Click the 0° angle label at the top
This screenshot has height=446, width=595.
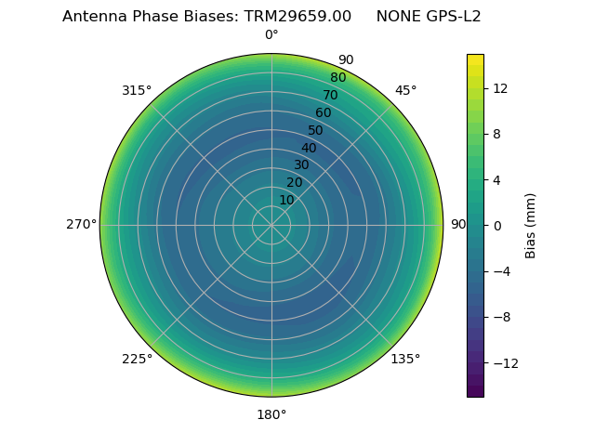(x=271, y=35)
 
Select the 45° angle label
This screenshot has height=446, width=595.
(x=405, y=90)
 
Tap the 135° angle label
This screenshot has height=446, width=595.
(x=405, y=359)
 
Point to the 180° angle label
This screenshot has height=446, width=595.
(x=271, y=414)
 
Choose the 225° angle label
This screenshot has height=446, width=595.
(x=137, y=359)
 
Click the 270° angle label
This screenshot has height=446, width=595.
(x=81, y=224)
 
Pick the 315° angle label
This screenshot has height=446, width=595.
(x=137, y=90)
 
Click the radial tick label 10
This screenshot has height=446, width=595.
(x=286, y=200)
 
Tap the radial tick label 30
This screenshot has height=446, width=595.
(x=301, y=164)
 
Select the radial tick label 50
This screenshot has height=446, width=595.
(x=316, y=130)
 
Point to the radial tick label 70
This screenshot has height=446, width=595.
(x=330, y=95)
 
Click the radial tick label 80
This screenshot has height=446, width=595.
(x=337, y=78)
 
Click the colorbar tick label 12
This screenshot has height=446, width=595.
(x=499, y=88)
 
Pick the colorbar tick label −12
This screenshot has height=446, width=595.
(x=503, y=363)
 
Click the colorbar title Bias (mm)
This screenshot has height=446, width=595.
(x=531, y=225)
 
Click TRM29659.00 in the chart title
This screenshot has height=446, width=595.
(x=297, y=17)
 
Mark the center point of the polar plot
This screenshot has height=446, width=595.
(x=271, y=225)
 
